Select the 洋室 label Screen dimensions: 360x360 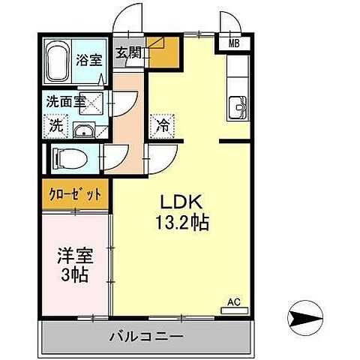pos(73,256)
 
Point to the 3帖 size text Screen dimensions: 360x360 pos(73,275)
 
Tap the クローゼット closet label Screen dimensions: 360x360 pos(75,194)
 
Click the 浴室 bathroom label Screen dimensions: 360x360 pos(89,60)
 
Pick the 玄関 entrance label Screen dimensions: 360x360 pos(128,52)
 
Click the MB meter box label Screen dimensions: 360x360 pos(235,43)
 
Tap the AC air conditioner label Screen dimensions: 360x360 pos(233,302)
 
